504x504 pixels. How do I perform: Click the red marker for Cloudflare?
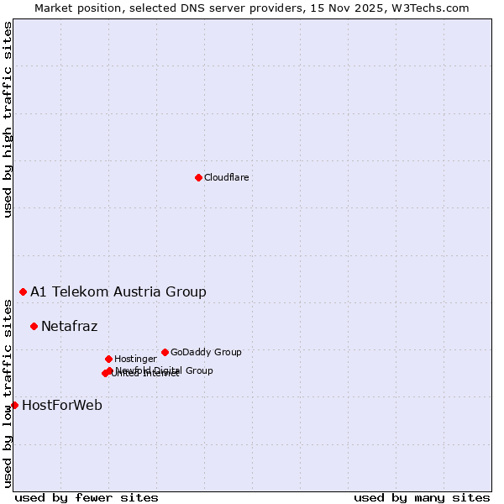(x=198, y=177)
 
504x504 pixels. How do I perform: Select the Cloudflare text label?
(x=226, y=177)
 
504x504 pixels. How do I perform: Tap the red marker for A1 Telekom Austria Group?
(x=23, y=291)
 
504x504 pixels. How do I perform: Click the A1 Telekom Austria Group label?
(x=118, y=292)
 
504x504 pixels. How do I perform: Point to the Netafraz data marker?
(x=34, y=326)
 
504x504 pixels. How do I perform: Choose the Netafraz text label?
(x=69, y=326)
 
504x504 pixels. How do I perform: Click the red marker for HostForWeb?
(x=14, y=405)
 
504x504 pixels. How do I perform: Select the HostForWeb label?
(x=62, y=405)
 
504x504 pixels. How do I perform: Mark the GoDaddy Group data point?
(x=165, y=352)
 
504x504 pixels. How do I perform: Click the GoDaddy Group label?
(x=206, y=352)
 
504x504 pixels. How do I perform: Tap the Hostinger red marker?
(x=108, y=359)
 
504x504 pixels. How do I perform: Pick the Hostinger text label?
(x=135, y=359)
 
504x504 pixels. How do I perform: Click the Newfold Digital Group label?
(x=165, y=370)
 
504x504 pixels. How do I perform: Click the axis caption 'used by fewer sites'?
(x=87, y=497)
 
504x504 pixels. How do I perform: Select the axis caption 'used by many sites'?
(x=422, y=497)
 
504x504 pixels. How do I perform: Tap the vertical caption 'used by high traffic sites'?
(x=8, y=119)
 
